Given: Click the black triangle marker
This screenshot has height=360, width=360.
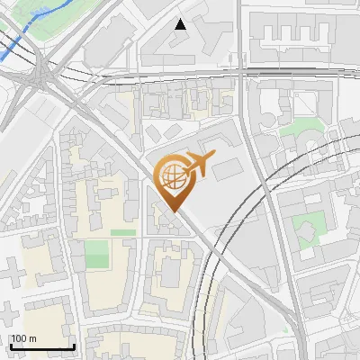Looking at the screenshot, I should click(x=181, y=24).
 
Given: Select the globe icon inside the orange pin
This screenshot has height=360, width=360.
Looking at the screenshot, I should click(x=171, y=176).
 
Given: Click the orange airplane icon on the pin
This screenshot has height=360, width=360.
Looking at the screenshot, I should click(x=198, y=164).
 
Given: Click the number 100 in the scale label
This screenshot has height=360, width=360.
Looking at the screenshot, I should click(x=18, y=338).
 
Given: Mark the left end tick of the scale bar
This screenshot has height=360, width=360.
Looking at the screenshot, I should click(x=11, y=346).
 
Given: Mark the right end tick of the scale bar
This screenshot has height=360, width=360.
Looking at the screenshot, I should click(x=74, y=346).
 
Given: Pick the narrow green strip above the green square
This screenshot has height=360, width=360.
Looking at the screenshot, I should click(x=122, y=232).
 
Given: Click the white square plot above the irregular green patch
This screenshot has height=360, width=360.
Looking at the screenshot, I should click(x=301, y=104).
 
